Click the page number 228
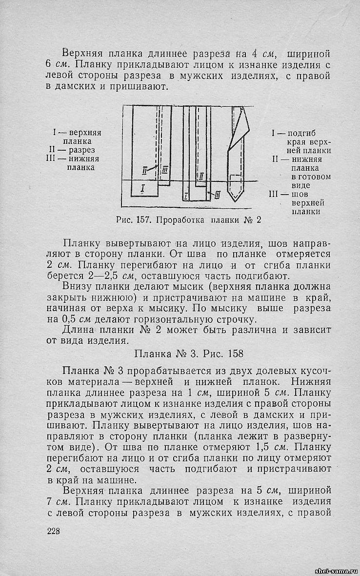click(x=53, y=531)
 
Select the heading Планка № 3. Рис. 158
click(x=188, y=352)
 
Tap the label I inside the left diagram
click(x=142, y=188)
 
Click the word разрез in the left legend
click(x=81, y=150)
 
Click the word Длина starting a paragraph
click(x=78, y=330)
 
